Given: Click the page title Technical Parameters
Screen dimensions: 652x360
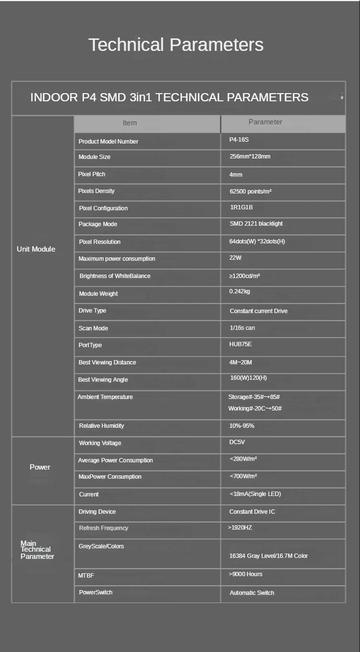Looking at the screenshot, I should pos(176,45).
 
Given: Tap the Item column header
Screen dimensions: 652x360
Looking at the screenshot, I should pos(130,123).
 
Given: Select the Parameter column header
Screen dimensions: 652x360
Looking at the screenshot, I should pos(265,122).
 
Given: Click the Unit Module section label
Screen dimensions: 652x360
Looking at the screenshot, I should pos(36,249).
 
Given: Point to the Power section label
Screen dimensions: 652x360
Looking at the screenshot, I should pos(40,467).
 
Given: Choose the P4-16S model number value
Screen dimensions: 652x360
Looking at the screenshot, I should pos(239,140).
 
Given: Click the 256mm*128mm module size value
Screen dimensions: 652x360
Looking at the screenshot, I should pos(250,157).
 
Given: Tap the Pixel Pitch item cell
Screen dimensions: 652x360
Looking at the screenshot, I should pos(92,174).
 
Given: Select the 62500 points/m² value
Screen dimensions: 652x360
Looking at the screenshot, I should pos(251,192).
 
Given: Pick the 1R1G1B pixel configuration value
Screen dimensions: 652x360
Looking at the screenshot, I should pos(241,207).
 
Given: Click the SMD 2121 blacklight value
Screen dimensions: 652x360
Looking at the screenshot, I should pos(256,224).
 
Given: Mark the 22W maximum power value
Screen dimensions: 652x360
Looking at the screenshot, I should pos(235,258).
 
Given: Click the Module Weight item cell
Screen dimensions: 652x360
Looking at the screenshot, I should pos(98,294).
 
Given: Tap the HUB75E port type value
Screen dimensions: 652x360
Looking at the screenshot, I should pos(240,344).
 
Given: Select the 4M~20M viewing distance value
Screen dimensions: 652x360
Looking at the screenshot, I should pos(240,362).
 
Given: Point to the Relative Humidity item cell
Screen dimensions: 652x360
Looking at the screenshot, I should pos(102,426).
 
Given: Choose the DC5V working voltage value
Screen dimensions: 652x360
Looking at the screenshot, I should pos(237,442).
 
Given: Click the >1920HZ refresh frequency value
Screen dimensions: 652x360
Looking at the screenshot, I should pos(240,528).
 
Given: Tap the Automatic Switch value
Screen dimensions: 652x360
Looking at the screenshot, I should pos(252,593).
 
